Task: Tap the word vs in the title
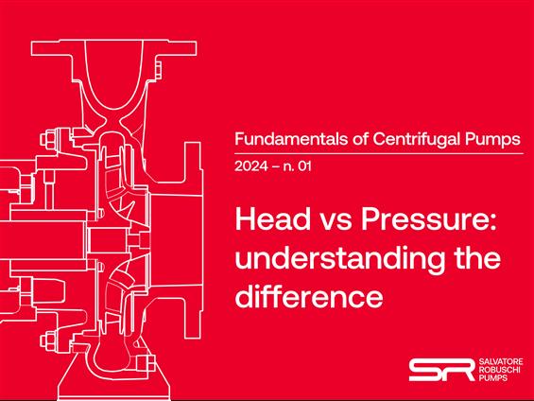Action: [336, 222]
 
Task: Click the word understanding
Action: [339, 258]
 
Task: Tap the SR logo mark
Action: [441, 370]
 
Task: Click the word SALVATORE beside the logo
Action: [501, 362]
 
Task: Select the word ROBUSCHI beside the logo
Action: [499, 370]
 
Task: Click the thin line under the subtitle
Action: [379, 153]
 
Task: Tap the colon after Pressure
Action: [492, 223]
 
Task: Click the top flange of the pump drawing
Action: [113, 47]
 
